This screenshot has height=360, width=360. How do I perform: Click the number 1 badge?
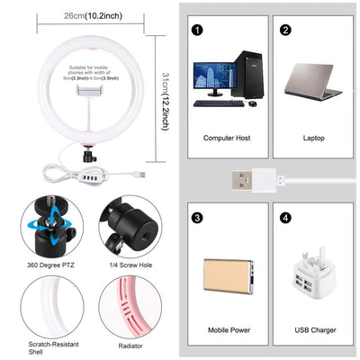[195, 29]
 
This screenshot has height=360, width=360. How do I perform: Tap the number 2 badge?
[285, 29]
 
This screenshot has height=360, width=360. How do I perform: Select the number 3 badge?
[195, 217]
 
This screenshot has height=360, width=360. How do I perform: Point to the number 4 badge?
[285, 217]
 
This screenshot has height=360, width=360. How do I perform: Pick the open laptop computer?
[313, 81]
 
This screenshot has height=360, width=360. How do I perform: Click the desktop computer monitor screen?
[213, 79]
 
